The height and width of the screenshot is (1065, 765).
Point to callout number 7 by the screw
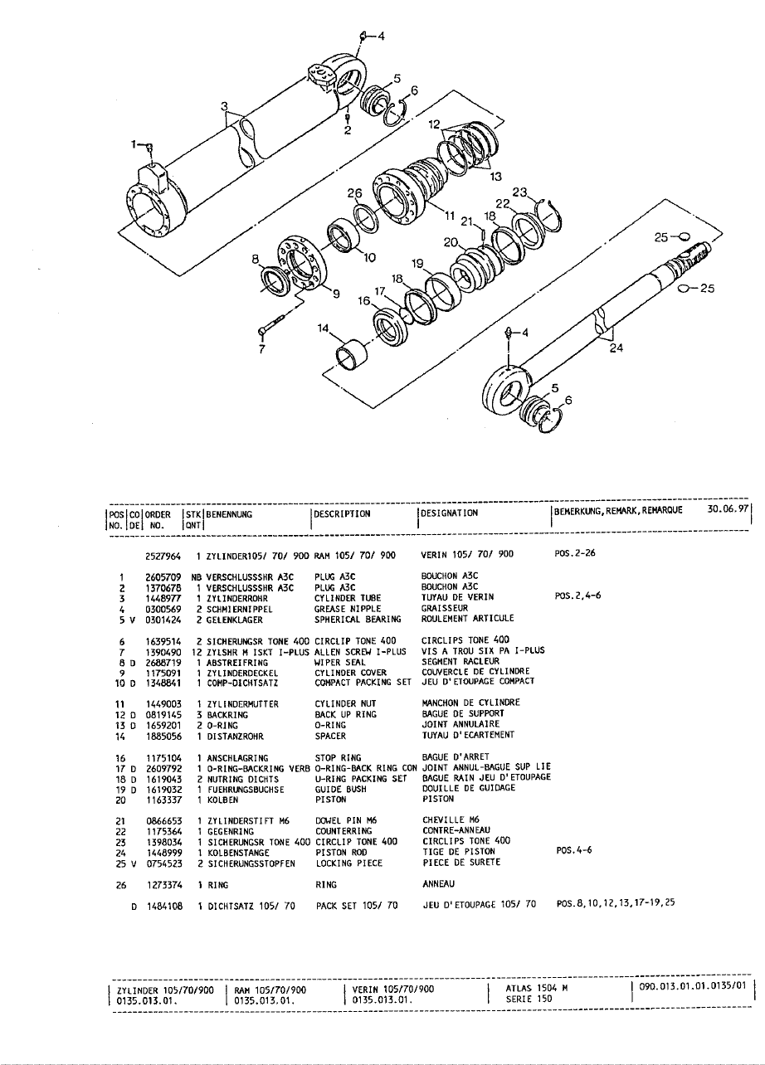(x=261, y=348)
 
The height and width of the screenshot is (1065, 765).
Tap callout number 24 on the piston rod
(x=616, y=349)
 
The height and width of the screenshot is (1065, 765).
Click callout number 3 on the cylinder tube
(x=224, y=105)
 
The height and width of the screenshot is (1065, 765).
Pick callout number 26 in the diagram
(x=355, y=192)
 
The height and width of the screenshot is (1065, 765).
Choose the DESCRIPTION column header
(x=343, y=513)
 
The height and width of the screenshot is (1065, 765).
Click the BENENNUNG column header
(x=230, y=513)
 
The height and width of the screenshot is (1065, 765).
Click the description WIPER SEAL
(x=337, y=663)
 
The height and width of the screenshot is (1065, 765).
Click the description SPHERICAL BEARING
(x=358, y=619)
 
